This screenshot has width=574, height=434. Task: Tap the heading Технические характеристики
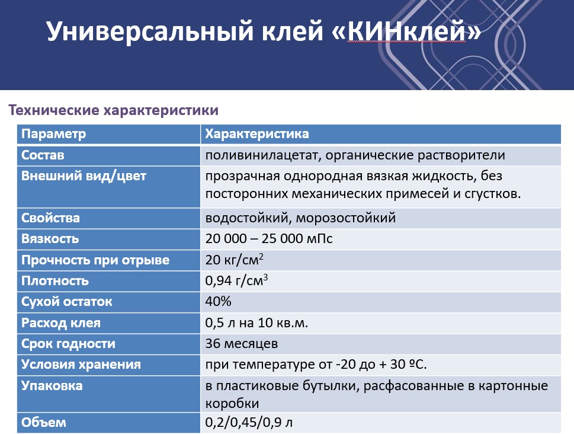[114, 110]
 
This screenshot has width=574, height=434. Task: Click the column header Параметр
[53, 134]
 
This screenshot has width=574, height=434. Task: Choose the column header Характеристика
[257, 134]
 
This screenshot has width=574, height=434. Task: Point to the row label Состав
[43, 155]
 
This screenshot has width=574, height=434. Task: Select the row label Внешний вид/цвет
[84, 176]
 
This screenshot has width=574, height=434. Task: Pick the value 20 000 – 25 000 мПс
[269, 238]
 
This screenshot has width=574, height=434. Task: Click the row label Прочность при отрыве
[95, 260]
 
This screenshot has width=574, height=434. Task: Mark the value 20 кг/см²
[235, 259]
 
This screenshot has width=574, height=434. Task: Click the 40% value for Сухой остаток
[218, 301]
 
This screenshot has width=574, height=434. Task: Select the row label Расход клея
[61, 323]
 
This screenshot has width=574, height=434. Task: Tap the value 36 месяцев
[242, 344]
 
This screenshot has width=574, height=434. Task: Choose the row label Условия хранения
[81, 365]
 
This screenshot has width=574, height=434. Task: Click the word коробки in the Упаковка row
[232, 403]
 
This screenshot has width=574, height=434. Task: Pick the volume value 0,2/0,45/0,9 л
[249, 423]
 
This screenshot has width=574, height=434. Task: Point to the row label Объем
[44, 422]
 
